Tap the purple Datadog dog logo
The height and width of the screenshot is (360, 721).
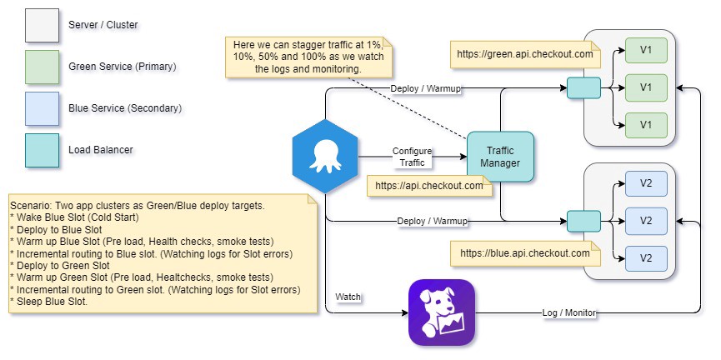(x=441, y=312)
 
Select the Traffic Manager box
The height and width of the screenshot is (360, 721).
(x=499, y=157)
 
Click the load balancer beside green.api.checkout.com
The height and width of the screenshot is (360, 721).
(x=583, y=87)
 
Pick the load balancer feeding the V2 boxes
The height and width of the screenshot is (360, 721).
(x=583, y=221)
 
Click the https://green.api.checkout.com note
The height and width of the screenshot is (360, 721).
(x=525, y=55)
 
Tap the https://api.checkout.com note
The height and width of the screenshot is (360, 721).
(x=429, y=186)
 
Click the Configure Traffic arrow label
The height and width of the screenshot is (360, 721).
(x=413, y=157)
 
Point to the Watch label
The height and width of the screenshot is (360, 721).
(x=348, y=297)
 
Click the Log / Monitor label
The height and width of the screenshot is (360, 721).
(x=567, y=312)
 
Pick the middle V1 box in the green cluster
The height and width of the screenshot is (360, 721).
(x=645, y=87)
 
